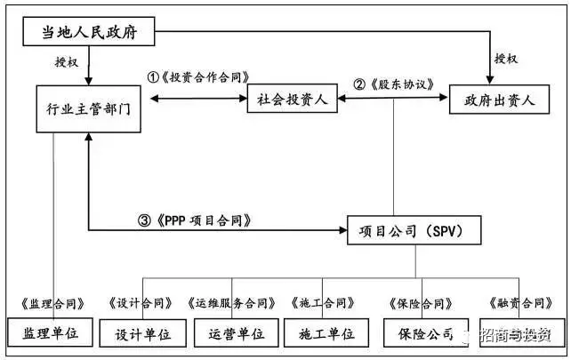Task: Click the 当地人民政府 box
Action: pyautogui.click(x=88, y=34)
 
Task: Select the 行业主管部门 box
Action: pyautogui.click(x=87, y=109)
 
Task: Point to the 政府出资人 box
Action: pyautogui.click(x=493, y=100)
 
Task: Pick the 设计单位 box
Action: pyautogui.click(x=137, y=334)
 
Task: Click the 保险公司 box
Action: pyautogui.click(x=422, y=334)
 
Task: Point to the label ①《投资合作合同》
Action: pyautogui.click(x=198, y=77)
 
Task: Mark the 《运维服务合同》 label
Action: pyautogui.click(x=233, y=304)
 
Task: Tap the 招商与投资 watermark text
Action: pyautogui.click(x=515, y=336)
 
